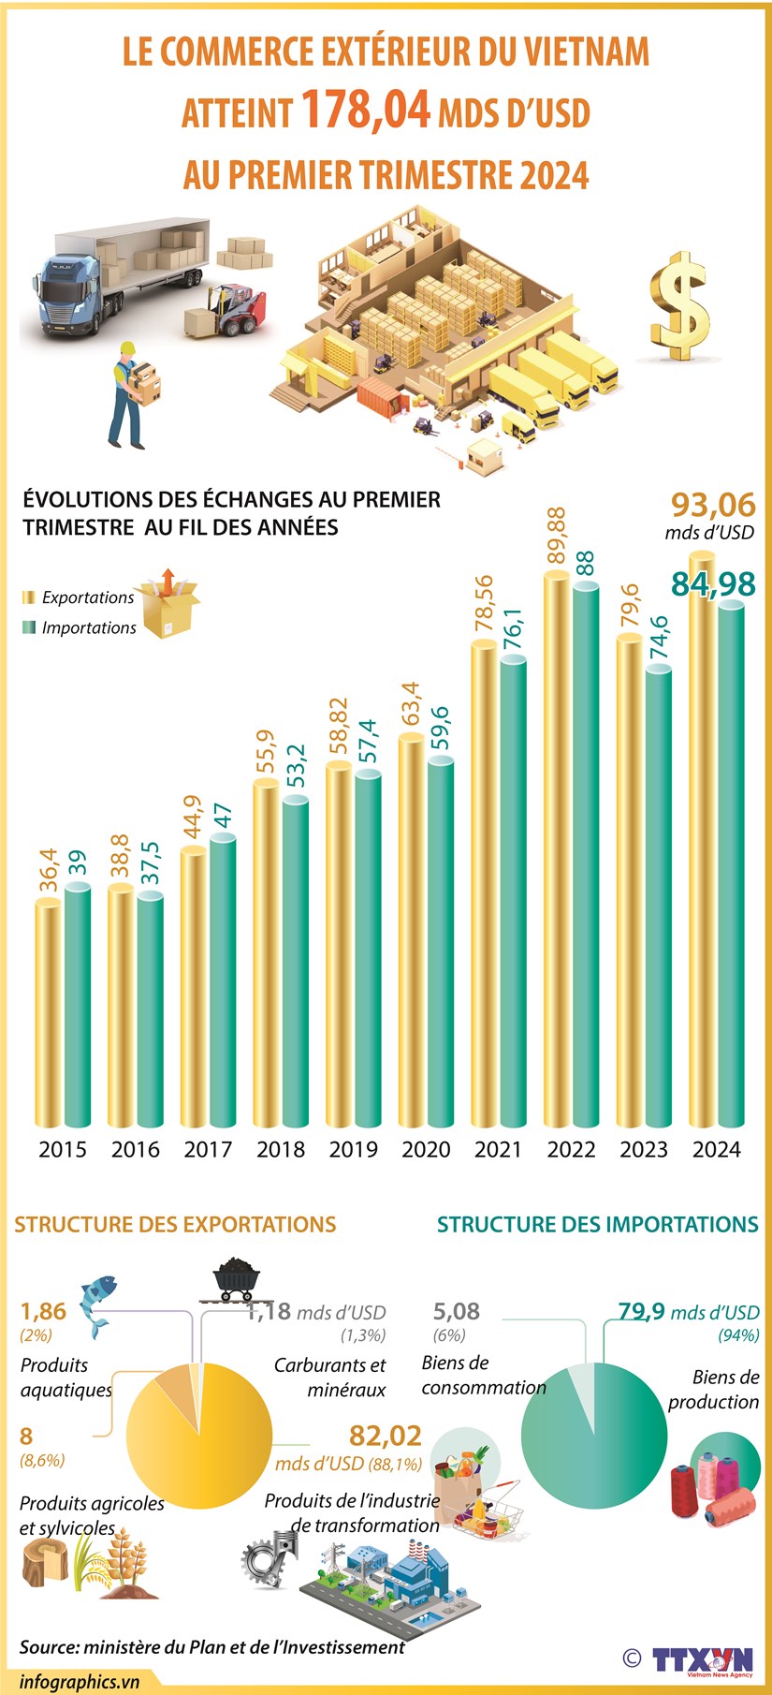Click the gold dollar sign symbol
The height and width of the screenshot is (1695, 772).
point(680,306)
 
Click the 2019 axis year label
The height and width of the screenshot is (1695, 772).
point(353,1149)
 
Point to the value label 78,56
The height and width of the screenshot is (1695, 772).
point(483,607)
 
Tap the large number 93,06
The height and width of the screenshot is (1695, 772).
point(713,505)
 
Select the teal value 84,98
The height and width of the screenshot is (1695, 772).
point(713,583)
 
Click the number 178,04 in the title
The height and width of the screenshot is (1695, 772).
point(366,110)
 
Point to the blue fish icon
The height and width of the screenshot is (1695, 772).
point(97,1301)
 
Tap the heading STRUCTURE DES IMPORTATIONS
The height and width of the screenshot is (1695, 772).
point(597,1224)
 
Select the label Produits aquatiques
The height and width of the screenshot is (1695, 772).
point(66,1377)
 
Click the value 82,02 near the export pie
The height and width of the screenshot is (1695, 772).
point(385,1436)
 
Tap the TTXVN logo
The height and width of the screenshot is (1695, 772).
point(702,1659)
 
